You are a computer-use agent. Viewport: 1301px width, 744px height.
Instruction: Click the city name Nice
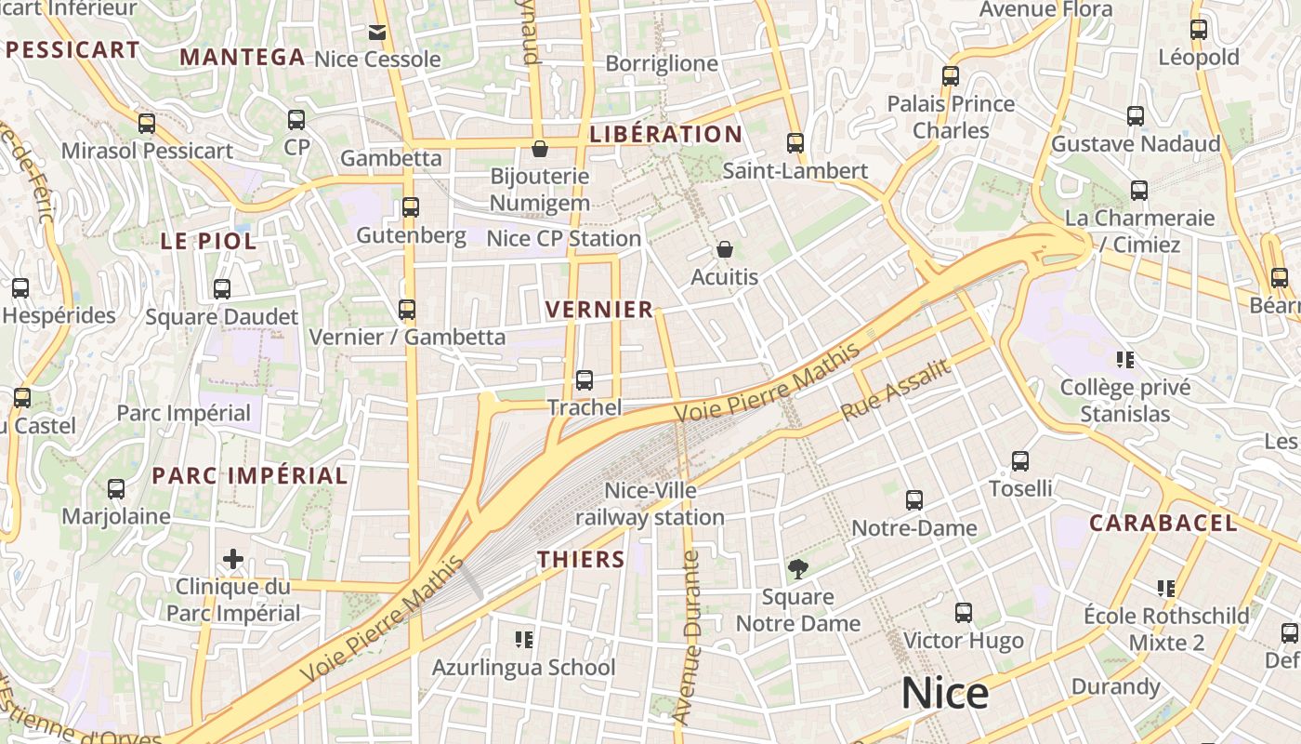(x=945, y=694)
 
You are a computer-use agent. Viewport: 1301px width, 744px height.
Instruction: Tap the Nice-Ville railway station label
(x=650, y=504)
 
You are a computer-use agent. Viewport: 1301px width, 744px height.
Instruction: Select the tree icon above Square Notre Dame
(x=796, y=568)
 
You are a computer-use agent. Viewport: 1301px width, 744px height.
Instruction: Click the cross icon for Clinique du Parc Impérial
(x=232, y=559)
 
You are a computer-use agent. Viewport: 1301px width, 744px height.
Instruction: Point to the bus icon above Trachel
(x=584, y=379)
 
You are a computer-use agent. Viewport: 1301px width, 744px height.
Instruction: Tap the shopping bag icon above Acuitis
(x=725, y=249)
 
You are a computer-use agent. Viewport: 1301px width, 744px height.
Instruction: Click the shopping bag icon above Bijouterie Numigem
(x=539, y=148)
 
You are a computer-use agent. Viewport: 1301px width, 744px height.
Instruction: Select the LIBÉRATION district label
(x=666, y=134)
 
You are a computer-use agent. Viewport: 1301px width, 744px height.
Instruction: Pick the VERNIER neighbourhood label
(x=599, y=310)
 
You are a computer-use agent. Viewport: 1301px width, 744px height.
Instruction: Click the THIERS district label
(x=582, y=559)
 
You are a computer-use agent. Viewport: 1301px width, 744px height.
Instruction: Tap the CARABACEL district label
(x=1163, y=523)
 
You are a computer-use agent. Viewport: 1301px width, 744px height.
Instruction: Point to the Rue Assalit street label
(x=897, y=389)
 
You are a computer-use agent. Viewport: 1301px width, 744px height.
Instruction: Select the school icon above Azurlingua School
(x=524, y=639)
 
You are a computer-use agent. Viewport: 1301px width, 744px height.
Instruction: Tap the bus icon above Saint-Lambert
(x=795, y=142)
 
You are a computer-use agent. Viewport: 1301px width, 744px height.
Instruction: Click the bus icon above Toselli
(x=1019, y=460)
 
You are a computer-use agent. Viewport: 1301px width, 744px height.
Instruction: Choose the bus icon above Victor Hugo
(x=963, y=613)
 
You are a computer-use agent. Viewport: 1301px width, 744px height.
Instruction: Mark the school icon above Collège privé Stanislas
(x=1125, y=359)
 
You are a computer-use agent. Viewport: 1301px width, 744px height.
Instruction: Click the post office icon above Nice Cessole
(x=376, y=33)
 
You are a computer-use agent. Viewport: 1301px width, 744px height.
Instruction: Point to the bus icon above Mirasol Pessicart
(x=147, y=123)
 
